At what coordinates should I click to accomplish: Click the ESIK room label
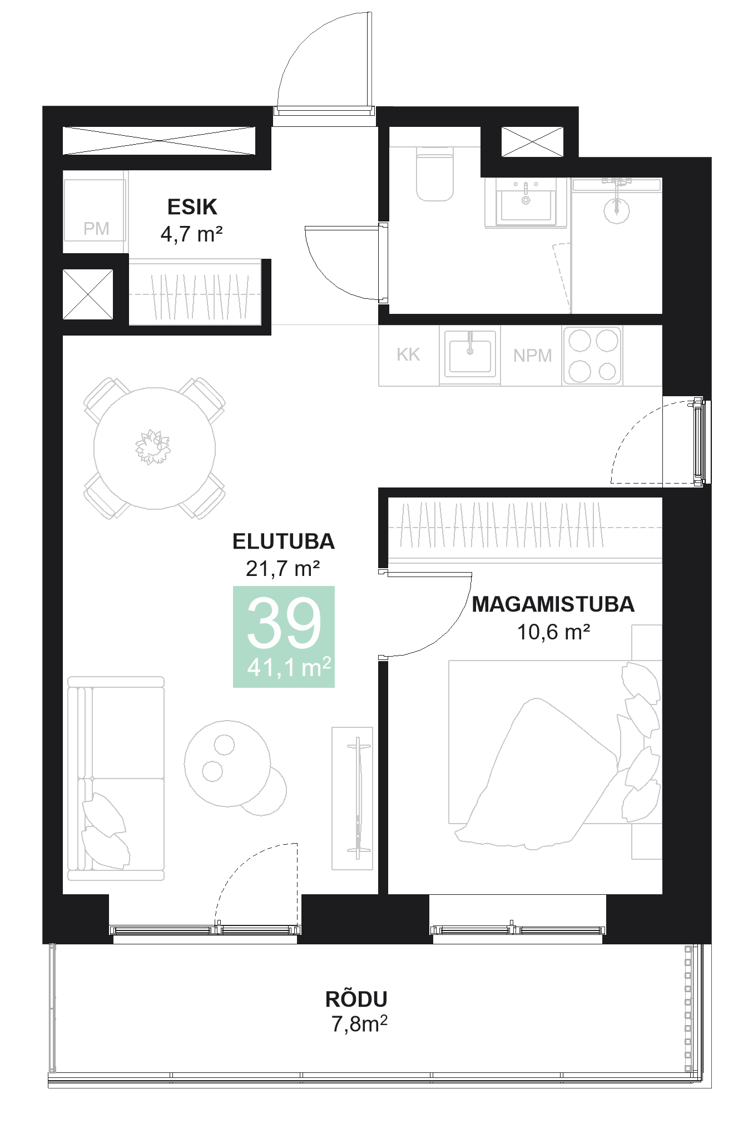point(192,207)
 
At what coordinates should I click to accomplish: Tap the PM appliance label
point(96,229)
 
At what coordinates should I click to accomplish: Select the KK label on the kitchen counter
point(408,354)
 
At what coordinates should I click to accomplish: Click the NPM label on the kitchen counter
point(532,356)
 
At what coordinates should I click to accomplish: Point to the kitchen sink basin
point(470,356)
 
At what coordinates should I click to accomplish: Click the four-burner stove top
point(593,356)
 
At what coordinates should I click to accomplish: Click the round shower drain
point(616,209)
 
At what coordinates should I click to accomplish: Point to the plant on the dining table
point(152,447)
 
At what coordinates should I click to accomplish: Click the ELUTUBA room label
point(284,541)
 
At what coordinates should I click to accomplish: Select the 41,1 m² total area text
point(289,667)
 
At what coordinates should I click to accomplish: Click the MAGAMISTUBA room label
point(553,604)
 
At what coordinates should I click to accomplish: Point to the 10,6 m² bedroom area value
point(553,632)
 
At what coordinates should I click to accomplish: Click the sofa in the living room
point(116,779)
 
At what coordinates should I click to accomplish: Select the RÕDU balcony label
point(356,999)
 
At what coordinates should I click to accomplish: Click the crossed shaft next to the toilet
point(532,142)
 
